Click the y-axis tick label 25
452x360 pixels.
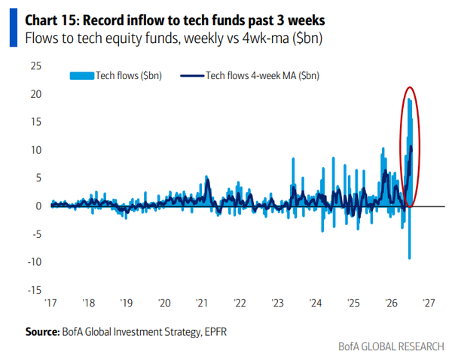coord(36,66)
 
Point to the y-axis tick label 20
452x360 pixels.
coord(36,94)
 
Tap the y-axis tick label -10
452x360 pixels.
coord(35,262)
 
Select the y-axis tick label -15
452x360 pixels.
coord(35,290)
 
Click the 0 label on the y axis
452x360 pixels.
coord(38,206)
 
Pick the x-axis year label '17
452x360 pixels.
coord(50,303)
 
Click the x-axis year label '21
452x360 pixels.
coord(202,303)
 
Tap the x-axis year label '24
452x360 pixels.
coord(316,303)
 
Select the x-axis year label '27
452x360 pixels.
coord(429,303)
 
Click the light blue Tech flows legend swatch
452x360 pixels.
coord(82,76)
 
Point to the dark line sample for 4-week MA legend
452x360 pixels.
coord(192,76)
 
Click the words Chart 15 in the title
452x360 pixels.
coord(52,21)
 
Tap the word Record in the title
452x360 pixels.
coord(102,21)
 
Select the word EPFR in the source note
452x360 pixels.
coord(215,332)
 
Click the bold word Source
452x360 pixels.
coord(42,332)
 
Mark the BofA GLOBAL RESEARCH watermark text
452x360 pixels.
coord(391,346)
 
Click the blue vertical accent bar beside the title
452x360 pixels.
coord(14,27)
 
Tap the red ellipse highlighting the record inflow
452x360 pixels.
coord(400,147)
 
